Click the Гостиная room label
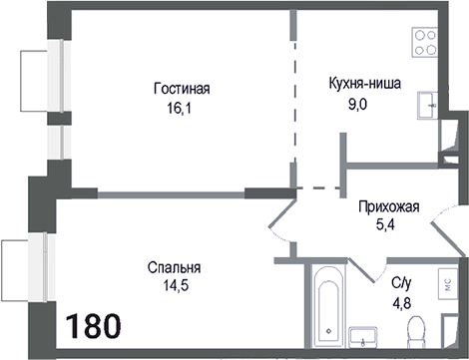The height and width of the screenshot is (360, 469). (x=181, y=88)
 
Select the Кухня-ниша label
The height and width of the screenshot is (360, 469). (x=364, y=84)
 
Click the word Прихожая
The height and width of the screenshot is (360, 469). (x=388, y=207)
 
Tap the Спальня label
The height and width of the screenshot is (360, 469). (x=174, y=268)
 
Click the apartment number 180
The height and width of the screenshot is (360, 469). (x=94, y=326)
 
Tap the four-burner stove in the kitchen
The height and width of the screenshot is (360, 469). (x=427, y=43)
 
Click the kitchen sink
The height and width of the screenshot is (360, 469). (x=428, y=102)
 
